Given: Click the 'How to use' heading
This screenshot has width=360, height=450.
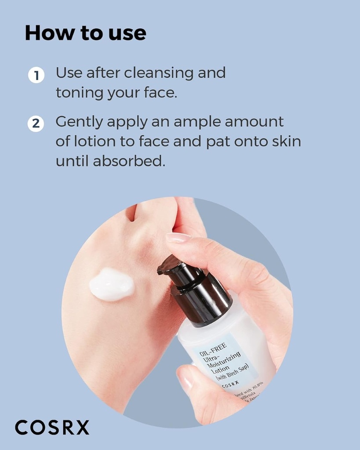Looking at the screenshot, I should click(85, 33).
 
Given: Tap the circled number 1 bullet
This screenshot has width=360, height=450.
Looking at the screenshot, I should click(36, 76).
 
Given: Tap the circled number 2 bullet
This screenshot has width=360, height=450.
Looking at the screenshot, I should click(36, 124).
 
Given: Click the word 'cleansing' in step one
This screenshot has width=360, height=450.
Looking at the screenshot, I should click(159, 73).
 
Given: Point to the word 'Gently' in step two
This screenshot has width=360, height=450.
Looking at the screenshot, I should click(79, 122).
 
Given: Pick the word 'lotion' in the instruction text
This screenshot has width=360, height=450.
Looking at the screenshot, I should click(95, 142).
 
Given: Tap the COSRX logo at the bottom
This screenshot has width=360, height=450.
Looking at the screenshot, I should click(52, 427).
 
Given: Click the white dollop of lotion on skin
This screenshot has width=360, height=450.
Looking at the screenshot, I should click(112, 284).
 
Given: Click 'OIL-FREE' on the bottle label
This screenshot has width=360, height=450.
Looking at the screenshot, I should click(213, 349).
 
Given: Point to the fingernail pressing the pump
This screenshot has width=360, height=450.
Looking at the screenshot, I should click(178, 237).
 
